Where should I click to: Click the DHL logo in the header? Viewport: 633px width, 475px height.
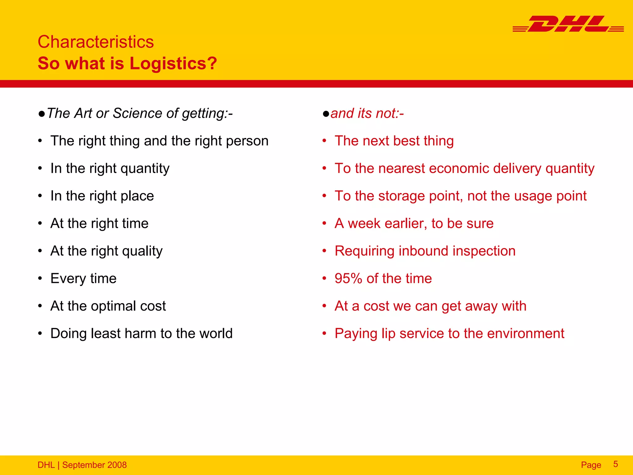[x=568, y=24]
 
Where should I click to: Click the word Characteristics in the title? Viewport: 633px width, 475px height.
[x=96, y=42]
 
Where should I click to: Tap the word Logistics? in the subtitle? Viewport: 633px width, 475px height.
[x=173, y=63]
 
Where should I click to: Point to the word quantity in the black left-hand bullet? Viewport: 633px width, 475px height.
[x=145, y=169]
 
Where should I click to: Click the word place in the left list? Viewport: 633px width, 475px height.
[x=137, y=196]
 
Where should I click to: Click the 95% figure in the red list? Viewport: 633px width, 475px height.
[x=348, y=278]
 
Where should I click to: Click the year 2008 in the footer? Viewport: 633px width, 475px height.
[x=117, y=465]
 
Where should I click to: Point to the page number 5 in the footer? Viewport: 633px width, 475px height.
[x=615, y=464]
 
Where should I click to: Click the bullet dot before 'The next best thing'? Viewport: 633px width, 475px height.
[x=324, y=141]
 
